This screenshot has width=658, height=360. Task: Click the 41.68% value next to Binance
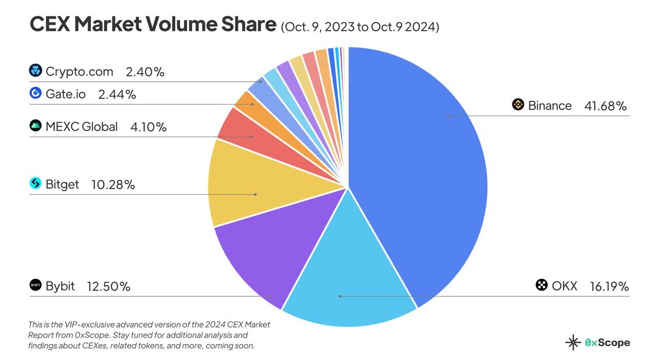[x=605, y=106]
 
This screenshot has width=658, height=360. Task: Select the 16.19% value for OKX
[x=609, y=286]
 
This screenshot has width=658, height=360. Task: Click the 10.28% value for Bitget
[x=113, y=184]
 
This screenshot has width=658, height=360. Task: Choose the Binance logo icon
[x=518, y=105]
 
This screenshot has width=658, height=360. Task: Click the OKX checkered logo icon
[x=541, y=285]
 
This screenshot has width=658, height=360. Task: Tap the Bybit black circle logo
[x=35, y=285]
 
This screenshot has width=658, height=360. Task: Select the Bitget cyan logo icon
[x=35, y=183]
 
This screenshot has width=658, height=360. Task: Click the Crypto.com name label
[x=79, y=71]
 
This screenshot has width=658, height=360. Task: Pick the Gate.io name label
[x=66, y=94]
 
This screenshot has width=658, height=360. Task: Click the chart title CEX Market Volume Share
[x=153, y=24]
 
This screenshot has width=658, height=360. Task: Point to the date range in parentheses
[x=360, y=27]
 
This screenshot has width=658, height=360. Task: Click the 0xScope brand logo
[x=597, y=343]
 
